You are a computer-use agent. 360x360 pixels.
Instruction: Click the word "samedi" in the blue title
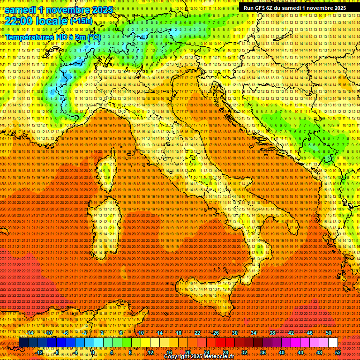click(22, 10)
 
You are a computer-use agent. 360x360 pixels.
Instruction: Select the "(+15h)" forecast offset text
click(81, 21)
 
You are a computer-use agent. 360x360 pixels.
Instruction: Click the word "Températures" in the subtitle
click(28, 37)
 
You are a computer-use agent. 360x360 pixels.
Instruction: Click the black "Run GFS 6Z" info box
click(294, 8)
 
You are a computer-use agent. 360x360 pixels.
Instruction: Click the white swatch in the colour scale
click(333, 343)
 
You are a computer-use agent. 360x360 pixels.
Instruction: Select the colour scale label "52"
click(338, 352)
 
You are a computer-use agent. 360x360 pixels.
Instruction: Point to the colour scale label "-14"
click(30, 333)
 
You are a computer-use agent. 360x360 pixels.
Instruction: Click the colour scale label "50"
click(329, 333)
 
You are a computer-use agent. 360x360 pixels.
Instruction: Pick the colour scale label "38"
click(272, 333)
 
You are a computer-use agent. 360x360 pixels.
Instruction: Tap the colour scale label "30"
click(235, 333)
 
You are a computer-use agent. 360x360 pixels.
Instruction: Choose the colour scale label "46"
click(310, 333)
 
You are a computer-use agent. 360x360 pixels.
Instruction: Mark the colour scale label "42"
click(291, 333)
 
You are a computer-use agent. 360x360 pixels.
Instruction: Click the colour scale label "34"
click(254, 333)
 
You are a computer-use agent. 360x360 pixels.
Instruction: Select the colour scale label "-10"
click(49, 333)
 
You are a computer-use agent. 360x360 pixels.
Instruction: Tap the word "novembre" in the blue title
click(66, 10)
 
